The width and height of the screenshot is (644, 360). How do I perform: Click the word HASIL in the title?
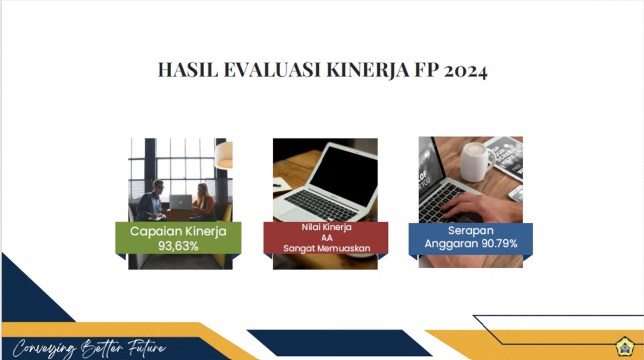pyautogui.click(x=187, y=70)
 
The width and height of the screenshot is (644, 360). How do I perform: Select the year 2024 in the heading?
pyautogui.click(x=466, y=70)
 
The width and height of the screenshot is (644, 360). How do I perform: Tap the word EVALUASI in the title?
pyautogui.click(x=272, y=70)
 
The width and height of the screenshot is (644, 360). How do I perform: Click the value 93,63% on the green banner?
pyautogui.click(x=178, y=246)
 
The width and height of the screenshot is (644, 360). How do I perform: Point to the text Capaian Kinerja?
pyautogui.click(x=178, y=232)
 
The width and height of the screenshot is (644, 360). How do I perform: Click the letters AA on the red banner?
pyautogui.click(x=327, y=238)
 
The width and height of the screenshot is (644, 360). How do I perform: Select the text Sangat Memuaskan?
pyautogui.click(x=327, y=248)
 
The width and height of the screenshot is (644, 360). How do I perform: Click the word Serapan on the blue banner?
pyautogui.click(x=471, y=230)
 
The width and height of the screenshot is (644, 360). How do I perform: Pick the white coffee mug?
pyautogui.click(x=476, y=162)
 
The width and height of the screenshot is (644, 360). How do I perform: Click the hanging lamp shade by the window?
pyautogui.click(x=224, y=155)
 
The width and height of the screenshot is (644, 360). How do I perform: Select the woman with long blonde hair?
pyautogui.click(x=205, y=203)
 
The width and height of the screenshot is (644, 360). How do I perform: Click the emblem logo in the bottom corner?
pyautogui.click(x=624, y=347)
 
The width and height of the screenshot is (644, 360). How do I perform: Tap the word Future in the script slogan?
pyautogui.click(x=147, y=348)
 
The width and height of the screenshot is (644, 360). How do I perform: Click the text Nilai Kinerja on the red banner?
pyautogui.click(x=326, y=227)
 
